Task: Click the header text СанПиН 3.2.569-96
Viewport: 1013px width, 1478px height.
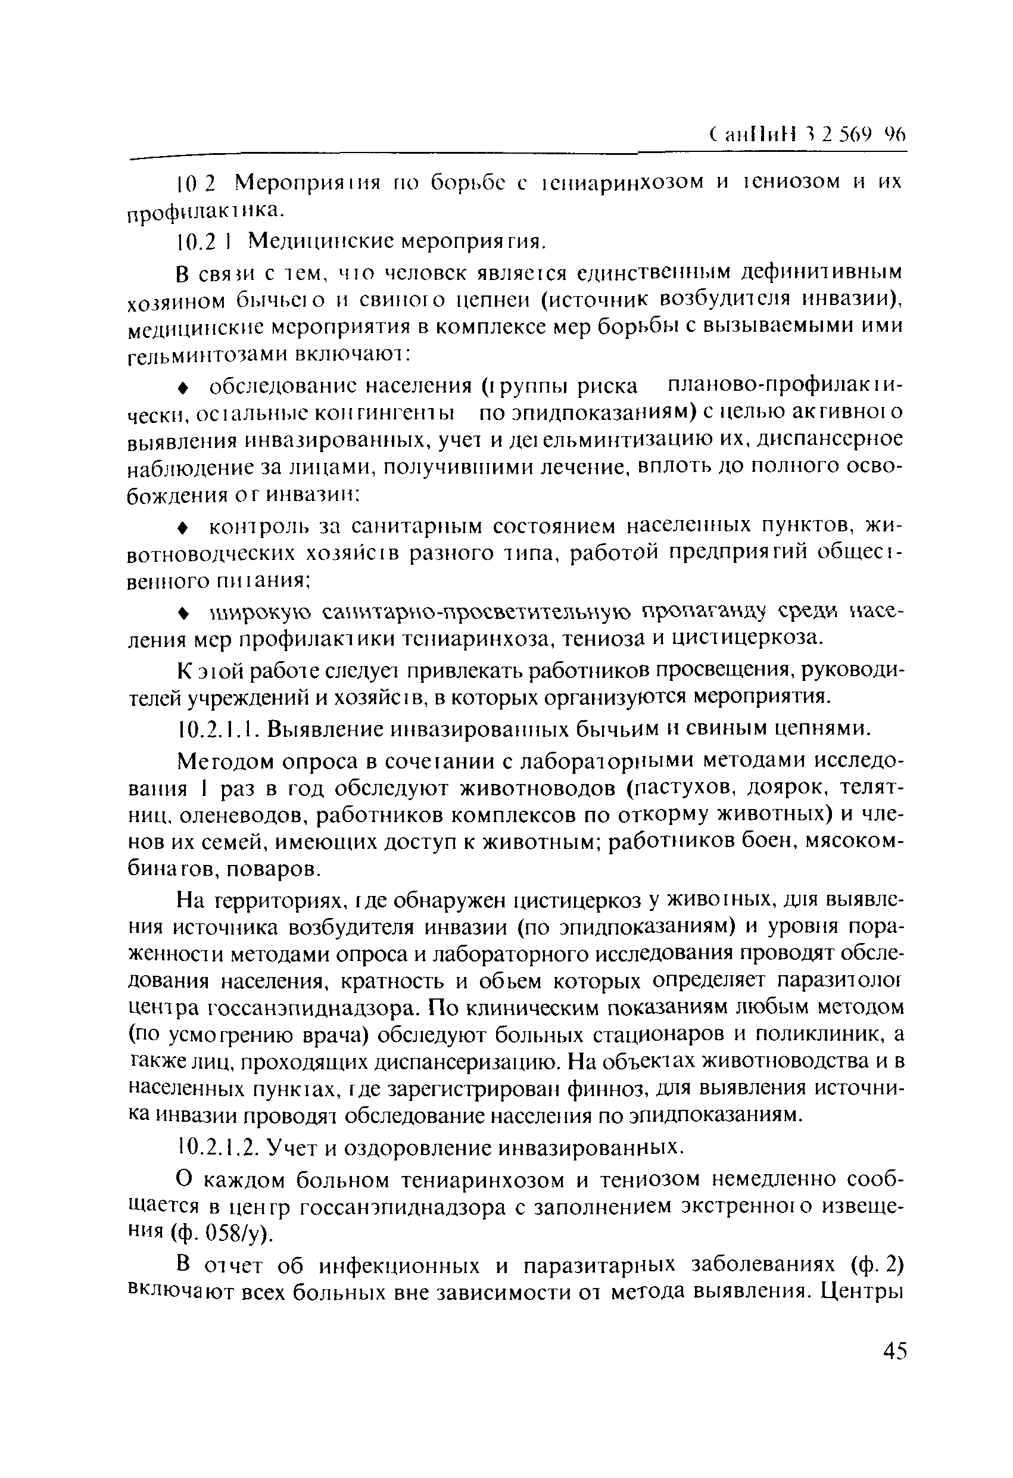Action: pos(807,135)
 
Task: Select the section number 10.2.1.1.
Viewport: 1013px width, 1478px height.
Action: pos(217,727)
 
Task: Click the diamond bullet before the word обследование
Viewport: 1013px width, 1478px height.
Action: pos(182,387)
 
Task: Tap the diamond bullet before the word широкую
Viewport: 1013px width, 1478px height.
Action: pos(182,611)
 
